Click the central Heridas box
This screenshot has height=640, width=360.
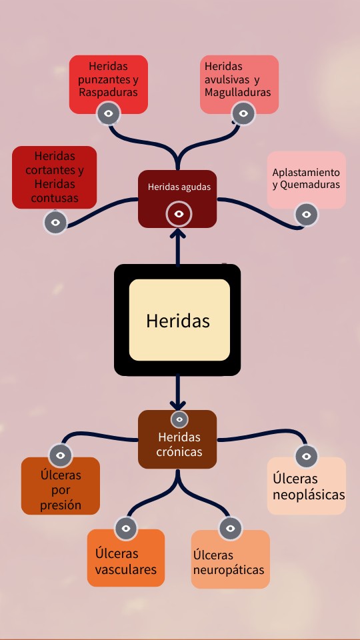177,320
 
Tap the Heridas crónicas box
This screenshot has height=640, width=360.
177,439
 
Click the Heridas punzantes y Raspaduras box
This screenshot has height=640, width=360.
108,84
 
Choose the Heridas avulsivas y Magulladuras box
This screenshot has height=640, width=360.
239,84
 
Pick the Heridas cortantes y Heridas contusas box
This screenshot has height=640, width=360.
54,177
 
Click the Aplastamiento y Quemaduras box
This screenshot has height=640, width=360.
306,179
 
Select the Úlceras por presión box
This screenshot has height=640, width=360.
61,486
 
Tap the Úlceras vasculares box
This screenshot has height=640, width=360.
126,558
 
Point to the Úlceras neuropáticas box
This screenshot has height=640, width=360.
230,559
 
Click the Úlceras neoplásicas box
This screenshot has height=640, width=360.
306,486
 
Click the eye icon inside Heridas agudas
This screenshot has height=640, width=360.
179,213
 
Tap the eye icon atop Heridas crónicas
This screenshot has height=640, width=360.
179,419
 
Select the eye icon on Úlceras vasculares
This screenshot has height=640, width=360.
126,529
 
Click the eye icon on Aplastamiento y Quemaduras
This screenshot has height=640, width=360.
306,214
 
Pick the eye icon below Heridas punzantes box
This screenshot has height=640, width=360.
108,113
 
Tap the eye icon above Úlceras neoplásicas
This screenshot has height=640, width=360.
306,456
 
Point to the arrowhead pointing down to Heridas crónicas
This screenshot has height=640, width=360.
177,405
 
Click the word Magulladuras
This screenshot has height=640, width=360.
237,92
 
